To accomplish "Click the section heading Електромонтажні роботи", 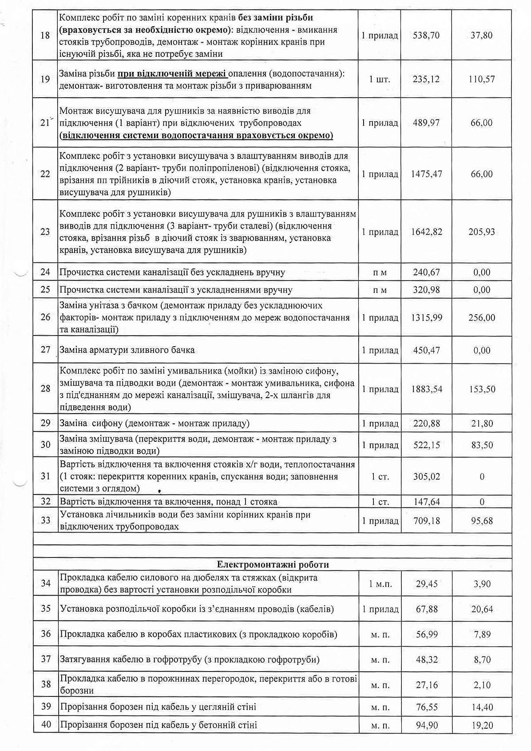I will pos(273,565).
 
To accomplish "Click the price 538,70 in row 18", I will pos(426,35).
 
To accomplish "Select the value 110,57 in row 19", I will pos(482,79).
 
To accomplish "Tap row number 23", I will pos(45,232).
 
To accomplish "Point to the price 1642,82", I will pos(426,232).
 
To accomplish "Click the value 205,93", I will pos(482,232).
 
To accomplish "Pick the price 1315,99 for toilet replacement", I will pos(426,318).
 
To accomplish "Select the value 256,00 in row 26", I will pos(482,318).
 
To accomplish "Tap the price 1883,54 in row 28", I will pos(426,389).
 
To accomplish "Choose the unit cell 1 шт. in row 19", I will pos(380,79).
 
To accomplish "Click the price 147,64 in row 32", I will pos(426,502).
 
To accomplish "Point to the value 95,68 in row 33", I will pos(482,521).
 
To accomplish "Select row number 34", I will pos(46,583).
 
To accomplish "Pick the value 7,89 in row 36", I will pos(482,634).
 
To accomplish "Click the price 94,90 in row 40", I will pos(427,725).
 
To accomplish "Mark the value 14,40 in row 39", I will pos(482,707).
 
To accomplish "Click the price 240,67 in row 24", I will pos(426,272).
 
